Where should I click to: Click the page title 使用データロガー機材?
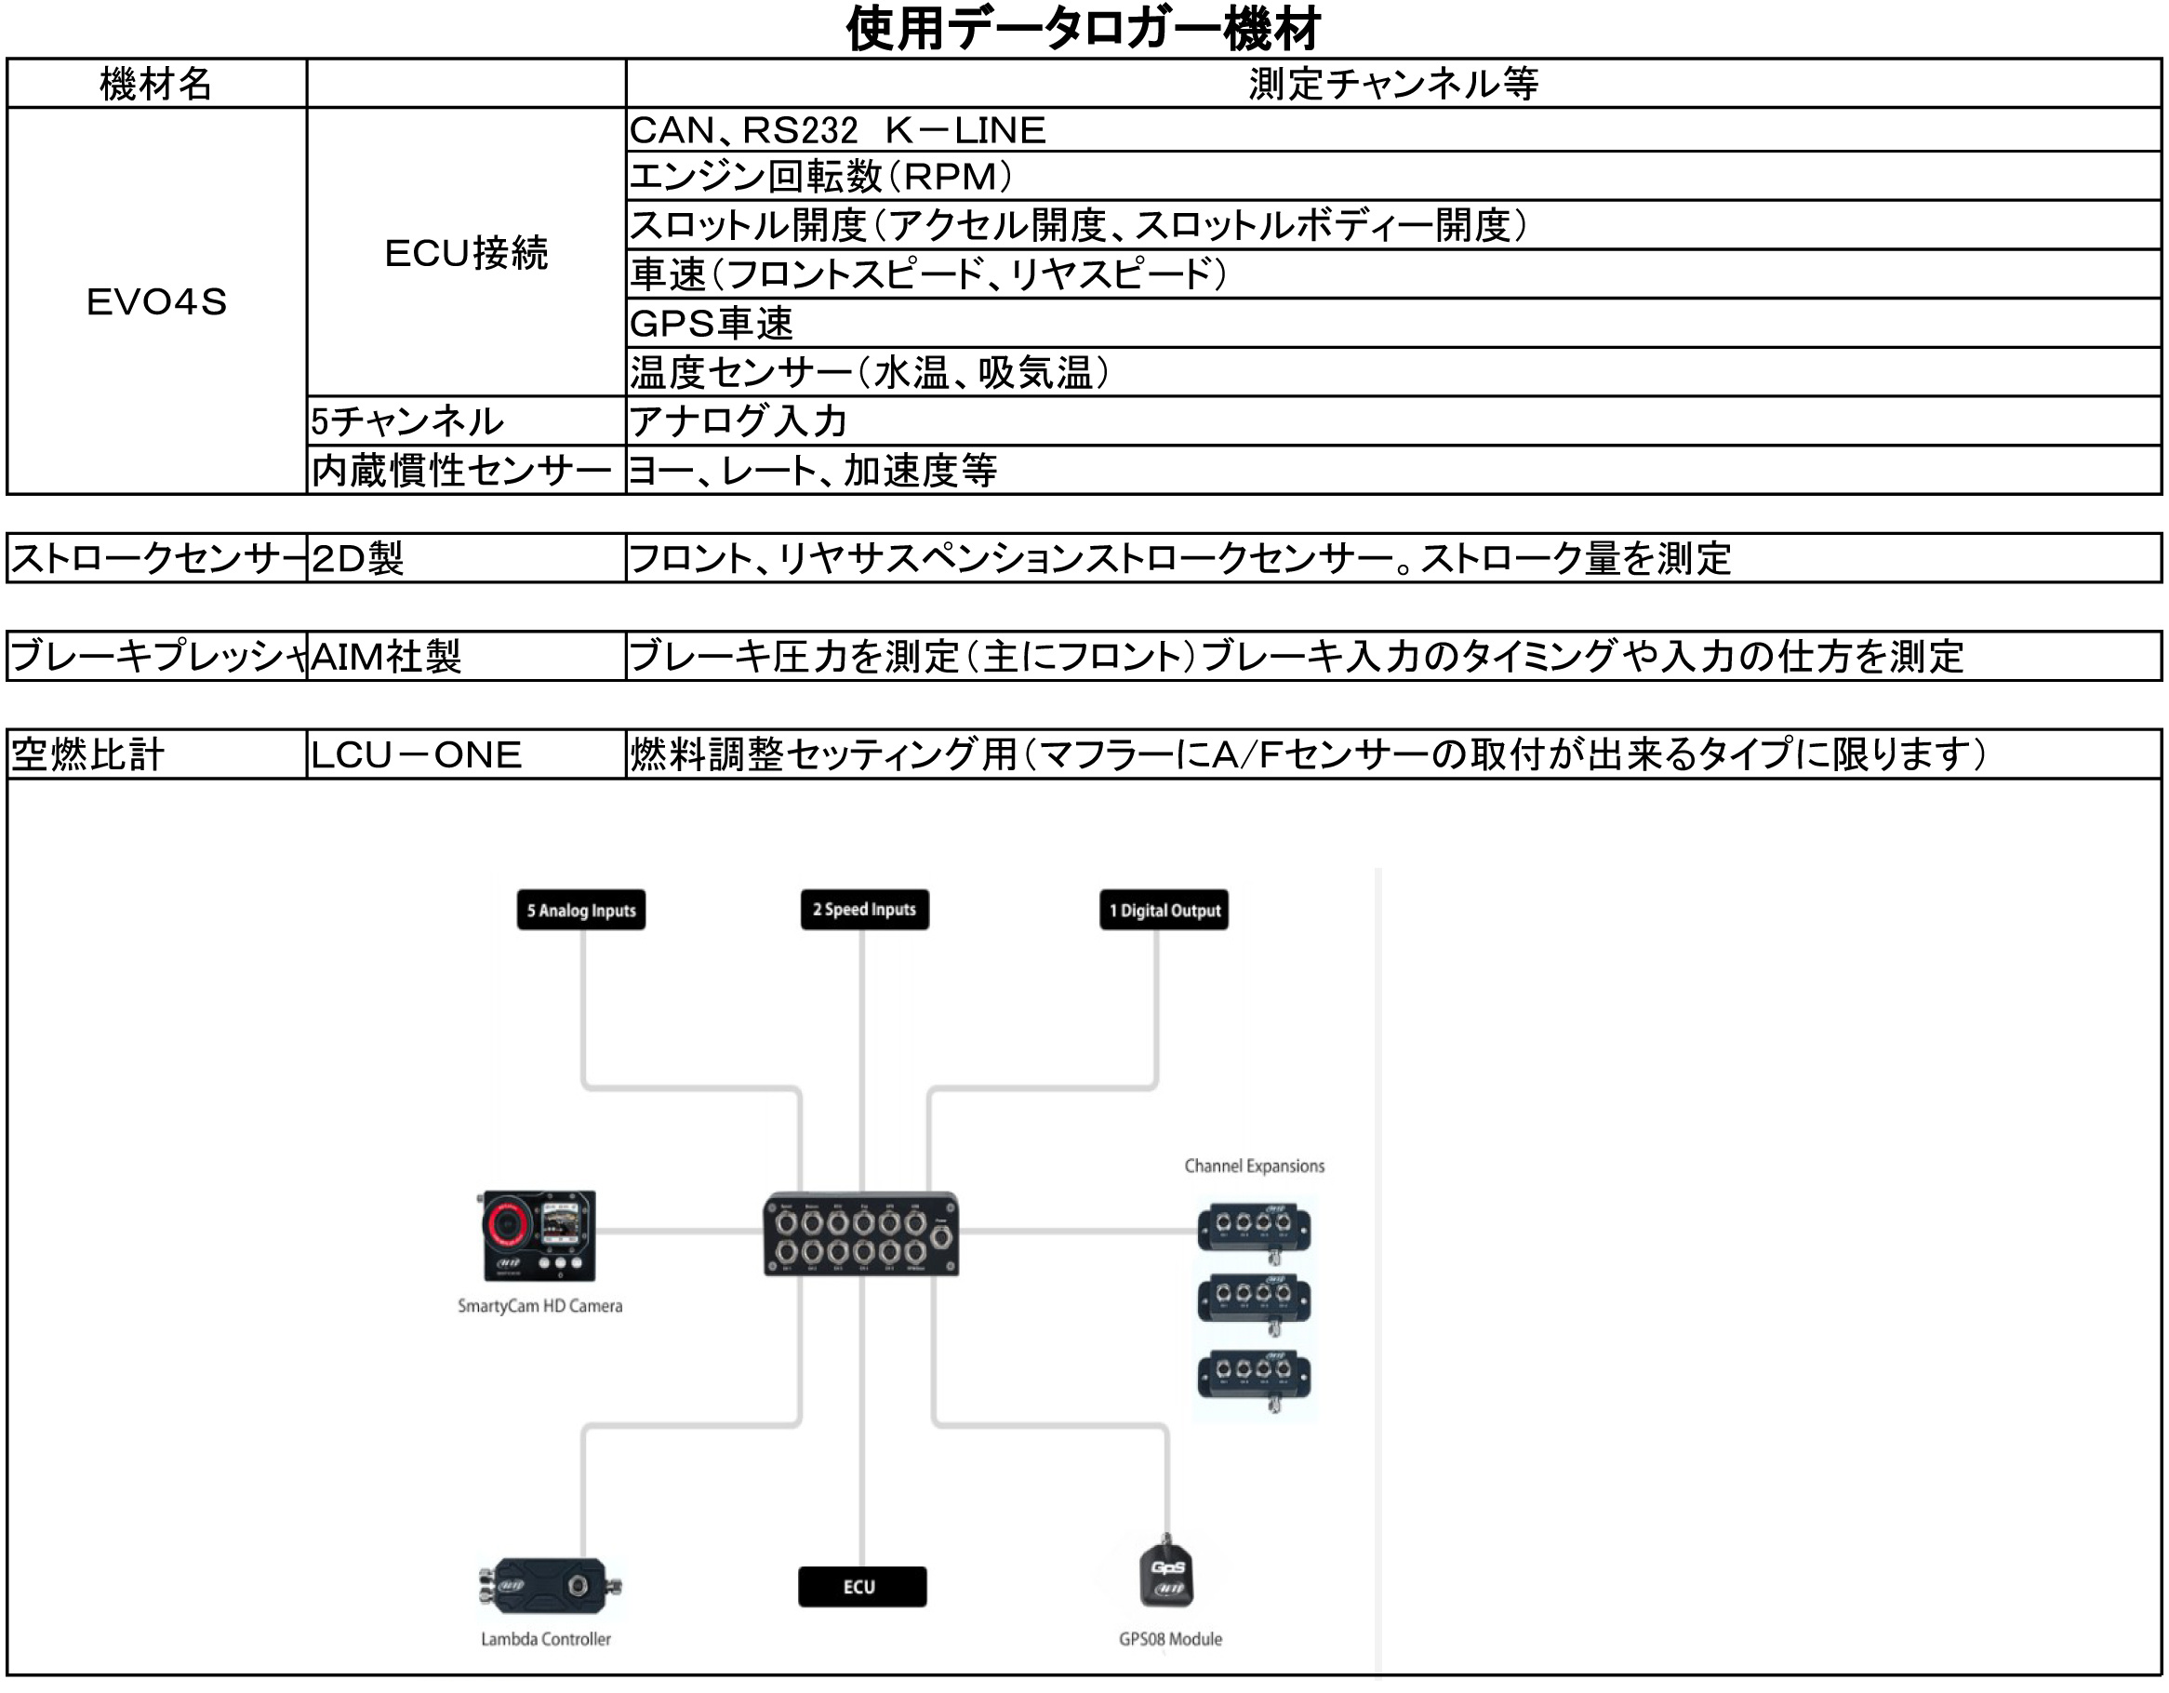[x=1083, y=29]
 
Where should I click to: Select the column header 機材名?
[x=156, y=84]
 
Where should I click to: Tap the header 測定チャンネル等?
[x=1392, y=84]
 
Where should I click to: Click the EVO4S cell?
[x=156, y=301]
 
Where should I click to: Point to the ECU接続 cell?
[x=466, y=253]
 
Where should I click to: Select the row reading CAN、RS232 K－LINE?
[x=837, y=130]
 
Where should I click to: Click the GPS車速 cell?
[x=712, y=324]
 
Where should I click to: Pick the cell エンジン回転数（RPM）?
[x=822, y=177]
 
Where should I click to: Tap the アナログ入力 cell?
[x=739, y=421]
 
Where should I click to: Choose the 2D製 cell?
[x=357, y=558]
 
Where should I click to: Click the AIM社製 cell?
[x=386, y=657]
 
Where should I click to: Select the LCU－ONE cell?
[x=416, y=755]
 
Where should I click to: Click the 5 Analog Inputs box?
[x=581, y=910]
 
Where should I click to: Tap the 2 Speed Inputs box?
[x=864, y=909]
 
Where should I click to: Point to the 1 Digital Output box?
[x=1164, y=910]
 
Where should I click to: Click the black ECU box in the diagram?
[x=861, y=1587]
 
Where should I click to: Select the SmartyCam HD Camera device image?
[x=539, y=1235]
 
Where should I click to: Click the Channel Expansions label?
[x=1255, y=1166]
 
